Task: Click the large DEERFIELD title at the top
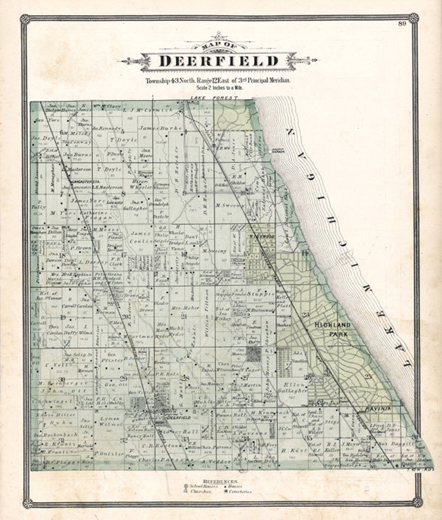pyautogui.click(x=218, y=61)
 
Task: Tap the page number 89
pyautogui.click(x=401, y=23)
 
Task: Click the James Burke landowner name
pyautogui.click(x=160, y=128)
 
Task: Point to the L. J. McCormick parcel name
pyautogui.click(x=142, y=110)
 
